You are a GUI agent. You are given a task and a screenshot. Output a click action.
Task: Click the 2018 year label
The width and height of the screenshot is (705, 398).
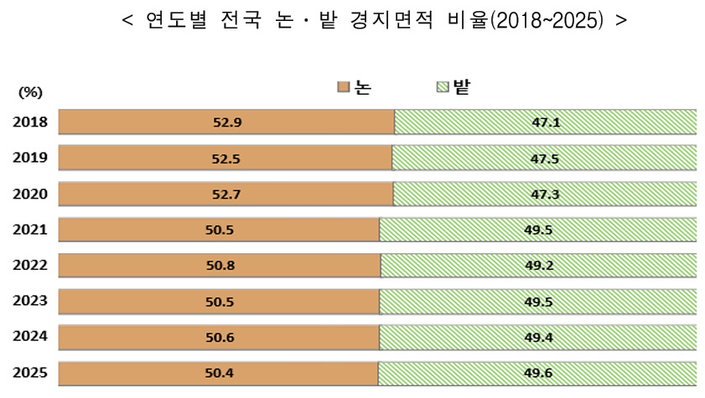(x=30, y=122)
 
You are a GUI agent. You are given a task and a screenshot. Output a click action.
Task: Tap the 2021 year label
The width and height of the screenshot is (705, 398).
(x=30, y=230)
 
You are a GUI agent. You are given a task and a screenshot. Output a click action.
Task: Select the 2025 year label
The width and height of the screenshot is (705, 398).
(x=30, y=372)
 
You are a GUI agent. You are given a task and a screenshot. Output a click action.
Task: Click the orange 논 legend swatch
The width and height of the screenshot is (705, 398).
(x=343, y=87)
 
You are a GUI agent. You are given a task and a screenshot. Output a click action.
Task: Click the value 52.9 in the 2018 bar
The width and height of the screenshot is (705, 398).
(x=227, y=122)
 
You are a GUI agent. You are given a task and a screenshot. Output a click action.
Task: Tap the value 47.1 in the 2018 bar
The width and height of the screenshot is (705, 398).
(x=545, y=122)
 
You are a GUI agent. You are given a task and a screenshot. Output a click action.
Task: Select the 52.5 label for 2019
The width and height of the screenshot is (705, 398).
(x=226, y=158)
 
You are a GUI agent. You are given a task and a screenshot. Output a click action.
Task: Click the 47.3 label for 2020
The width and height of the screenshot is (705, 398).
(x=545, y=194)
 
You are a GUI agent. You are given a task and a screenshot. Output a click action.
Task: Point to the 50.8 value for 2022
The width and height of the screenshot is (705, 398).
(x=220, y=266)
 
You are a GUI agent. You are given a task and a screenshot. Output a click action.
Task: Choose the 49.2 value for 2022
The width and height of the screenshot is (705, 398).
(x=539, y=266)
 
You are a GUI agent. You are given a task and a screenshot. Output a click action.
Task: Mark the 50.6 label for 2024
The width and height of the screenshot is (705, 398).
(x=220, y=337)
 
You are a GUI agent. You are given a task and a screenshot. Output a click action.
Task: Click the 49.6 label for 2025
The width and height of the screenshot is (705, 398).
(x=538, y=372)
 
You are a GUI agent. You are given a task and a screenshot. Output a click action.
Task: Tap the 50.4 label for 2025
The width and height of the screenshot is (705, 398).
(x=220, y=372)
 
